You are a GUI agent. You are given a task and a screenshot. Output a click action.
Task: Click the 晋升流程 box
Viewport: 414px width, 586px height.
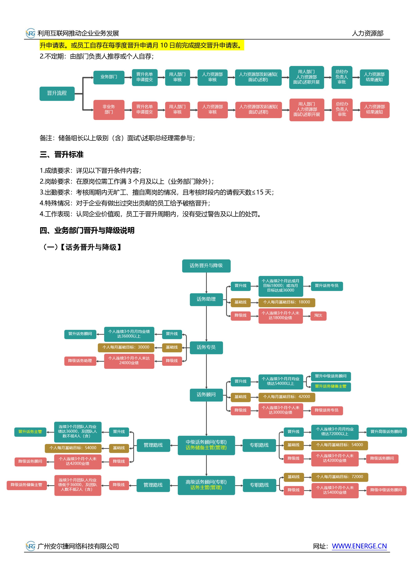pyautogui.click(x=57, y=93)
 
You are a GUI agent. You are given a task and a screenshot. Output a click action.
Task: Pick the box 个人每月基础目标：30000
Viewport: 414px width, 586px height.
pyautogui.click(x=126, y=347)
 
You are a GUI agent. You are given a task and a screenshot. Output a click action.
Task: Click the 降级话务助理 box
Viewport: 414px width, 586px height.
pyautogui.click(x=80, y=361)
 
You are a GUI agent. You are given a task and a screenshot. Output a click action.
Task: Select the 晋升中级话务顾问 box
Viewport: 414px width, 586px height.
pyautogui.click(x=331, y=376)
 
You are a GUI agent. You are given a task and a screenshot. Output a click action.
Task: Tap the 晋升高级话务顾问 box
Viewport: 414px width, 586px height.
pyautogui.click(x=386, y=432)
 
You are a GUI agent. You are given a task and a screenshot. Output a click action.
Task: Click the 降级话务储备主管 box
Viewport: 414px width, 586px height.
pyautogui.click(x=27, y=485)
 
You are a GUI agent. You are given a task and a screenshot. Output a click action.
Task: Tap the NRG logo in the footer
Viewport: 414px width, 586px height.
pyautogui.click(x=31, y=546)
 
